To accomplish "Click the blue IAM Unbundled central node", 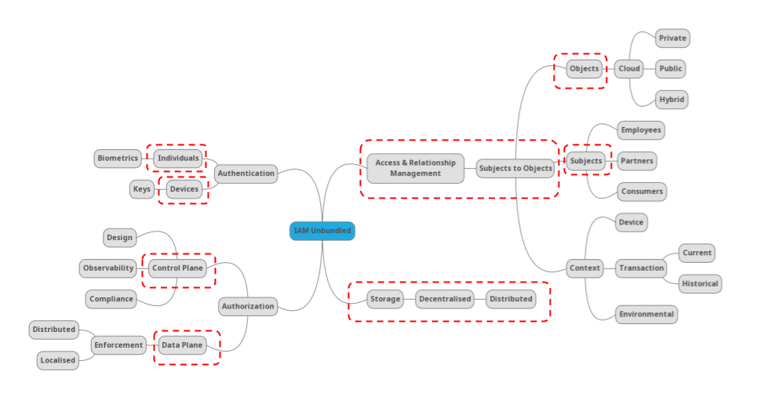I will [322, 231].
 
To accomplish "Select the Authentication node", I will [245, 173].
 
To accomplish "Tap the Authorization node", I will [248, 306].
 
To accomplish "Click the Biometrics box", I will [118, 159].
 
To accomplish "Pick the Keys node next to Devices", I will [142, 189].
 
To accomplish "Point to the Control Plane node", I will [177, 268].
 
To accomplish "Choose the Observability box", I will [108, 268].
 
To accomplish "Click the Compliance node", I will [111, 299].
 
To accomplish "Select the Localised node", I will [58, 360].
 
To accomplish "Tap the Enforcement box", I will [118, 345].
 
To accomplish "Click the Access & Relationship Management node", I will [415, 168].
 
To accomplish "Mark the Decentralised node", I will [445, 299].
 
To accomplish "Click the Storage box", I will [385, 299].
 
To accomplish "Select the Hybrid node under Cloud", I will [671, 100].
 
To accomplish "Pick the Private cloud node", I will [672, 38].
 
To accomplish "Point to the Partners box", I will [636, 161].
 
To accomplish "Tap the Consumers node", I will [642, 191].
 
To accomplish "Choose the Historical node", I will [700, 284].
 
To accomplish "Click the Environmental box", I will [646, 315].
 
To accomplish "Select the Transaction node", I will [641, 268].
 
